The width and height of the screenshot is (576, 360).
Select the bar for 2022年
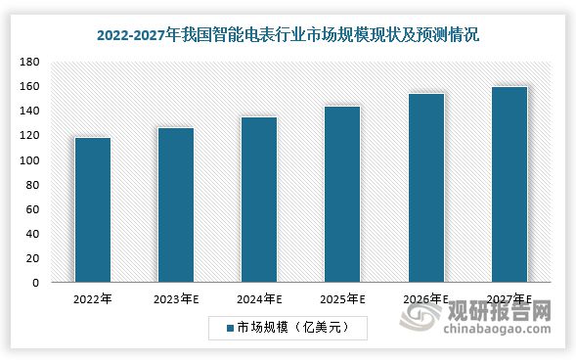(x=92, y=210)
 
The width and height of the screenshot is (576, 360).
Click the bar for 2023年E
(x=176, y=205)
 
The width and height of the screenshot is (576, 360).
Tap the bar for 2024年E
(x=259, y=201)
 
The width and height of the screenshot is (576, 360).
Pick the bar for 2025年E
(x=342, y=196)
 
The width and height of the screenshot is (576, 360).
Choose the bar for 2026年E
(x=425, y=189)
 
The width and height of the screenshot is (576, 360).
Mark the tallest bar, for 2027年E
(x=509, y=186)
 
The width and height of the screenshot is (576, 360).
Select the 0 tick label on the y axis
(x=34, y=284)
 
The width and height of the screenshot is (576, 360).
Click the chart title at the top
(x=288, y=35)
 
